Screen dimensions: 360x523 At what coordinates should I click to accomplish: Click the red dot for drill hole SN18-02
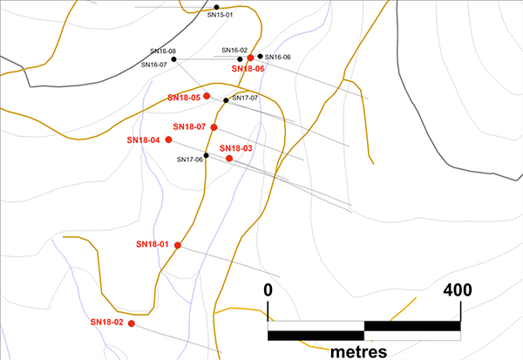132,323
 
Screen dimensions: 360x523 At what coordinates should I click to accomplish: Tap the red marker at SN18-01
177,245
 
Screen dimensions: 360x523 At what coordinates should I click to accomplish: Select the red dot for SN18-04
168,139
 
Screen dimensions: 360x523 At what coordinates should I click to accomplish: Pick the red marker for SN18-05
207,97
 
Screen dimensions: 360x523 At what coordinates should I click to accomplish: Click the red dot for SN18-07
214,127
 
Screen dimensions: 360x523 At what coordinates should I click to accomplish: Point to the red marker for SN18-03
229,159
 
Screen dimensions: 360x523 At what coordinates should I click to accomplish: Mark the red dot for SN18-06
250,58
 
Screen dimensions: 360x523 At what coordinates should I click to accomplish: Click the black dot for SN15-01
217,7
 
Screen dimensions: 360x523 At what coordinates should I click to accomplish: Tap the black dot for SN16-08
174,59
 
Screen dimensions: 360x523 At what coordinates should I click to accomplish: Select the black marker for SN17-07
226,100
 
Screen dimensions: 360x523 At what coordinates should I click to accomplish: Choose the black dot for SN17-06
207,155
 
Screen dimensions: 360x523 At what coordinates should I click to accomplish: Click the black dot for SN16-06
260,56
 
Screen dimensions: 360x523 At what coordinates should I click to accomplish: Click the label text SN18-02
107,323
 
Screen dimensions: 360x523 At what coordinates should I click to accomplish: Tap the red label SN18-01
153,244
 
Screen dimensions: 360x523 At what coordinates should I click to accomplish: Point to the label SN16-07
153,65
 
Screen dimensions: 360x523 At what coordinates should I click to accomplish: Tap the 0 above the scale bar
268,289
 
